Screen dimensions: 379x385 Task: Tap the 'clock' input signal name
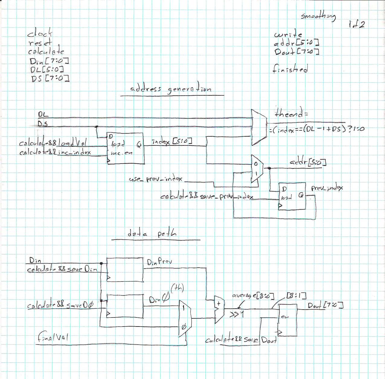[x=40, y=33]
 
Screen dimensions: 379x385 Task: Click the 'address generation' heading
[x=171, y=88]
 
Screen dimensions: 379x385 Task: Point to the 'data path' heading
[x=152, y=233]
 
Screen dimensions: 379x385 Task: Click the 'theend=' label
[x=291, y=113]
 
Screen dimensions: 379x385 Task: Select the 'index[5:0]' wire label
[x=172, y=141]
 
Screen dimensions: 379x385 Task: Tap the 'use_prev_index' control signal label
[x=156, y=179]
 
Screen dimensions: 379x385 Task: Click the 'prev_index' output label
[x=327, y=188]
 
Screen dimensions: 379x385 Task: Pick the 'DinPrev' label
[x=159, y=262]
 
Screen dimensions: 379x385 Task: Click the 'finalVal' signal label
[x=53, y=337]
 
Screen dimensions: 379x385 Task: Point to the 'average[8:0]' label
[x=253, y=296]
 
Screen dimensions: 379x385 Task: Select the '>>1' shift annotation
[x=236, y=314]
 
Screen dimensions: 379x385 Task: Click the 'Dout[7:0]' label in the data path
[x=325, y=305]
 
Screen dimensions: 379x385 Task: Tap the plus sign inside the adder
[x=218, y=303]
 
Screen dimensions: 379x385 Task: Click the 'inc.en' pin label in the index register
[x=121, y=153]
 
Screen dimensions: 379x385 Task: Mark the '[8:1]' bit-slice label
[x=296, y=295]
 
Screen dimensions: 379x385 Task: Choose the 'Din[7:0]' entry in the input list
[x=49, y=61]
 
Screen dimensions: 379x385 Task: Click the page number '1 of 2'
[x=357, y=24]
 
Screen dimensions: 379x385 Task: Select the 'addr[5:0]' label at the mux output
[x=308, y=162]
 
